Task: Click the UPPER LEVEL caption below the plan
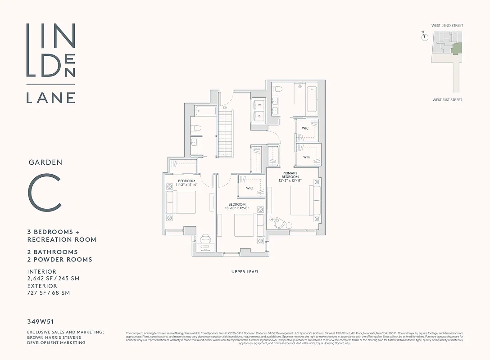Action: [245, 272]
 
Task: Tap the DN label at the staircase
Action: [225, 108]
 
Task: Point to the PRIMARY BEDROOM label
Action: [290, 175]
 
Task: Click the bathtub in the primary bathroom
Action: [312, 99]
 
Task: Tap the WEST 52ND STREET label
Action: [447, 26]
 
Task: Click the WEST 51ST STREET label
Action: [447, 100]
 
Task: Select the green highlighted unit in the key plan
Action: [456, 48]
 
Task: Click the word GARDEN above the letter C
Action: [45, 162]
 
